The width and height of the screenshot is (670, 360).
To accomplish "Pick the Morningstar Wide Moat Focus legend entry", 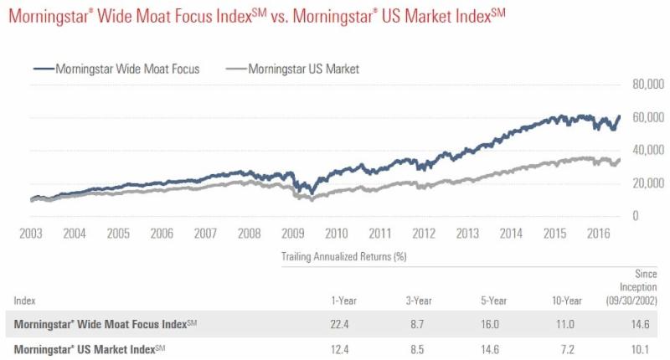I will click(116, 69).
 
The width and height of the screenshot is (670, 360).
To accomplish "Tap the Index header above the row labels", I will click(24, 299).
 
